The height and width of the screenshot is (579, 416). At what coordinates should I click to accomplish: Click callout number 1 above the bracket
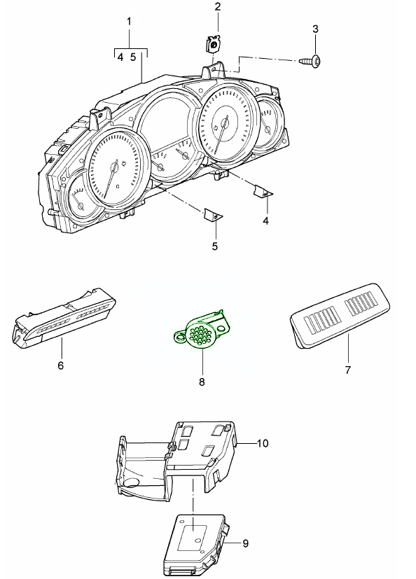[x=129, y=22]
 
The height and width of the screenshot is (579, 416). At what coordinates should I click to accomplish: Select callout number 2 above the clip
[x=218, y=6]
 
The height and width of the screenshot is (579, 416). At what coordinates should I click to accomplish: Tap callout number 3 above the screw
[x=315, y=29]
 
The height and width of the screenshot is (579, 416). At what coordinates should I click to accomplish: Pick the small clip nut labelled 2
[x=213, y=45]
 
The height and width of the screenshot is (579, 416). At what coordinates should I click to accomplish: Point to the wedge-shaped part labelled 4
[x=263, y=190]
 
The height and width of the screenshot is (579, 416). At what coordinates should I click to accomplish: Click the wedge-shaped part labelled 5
[x=213, y=215]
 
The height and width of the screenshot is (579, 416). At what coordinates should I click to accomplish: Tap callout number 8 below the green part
[x=202, y=382]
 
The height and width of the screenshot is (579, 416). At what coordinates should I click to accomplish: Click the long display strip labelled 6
[x=64, y=319]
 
